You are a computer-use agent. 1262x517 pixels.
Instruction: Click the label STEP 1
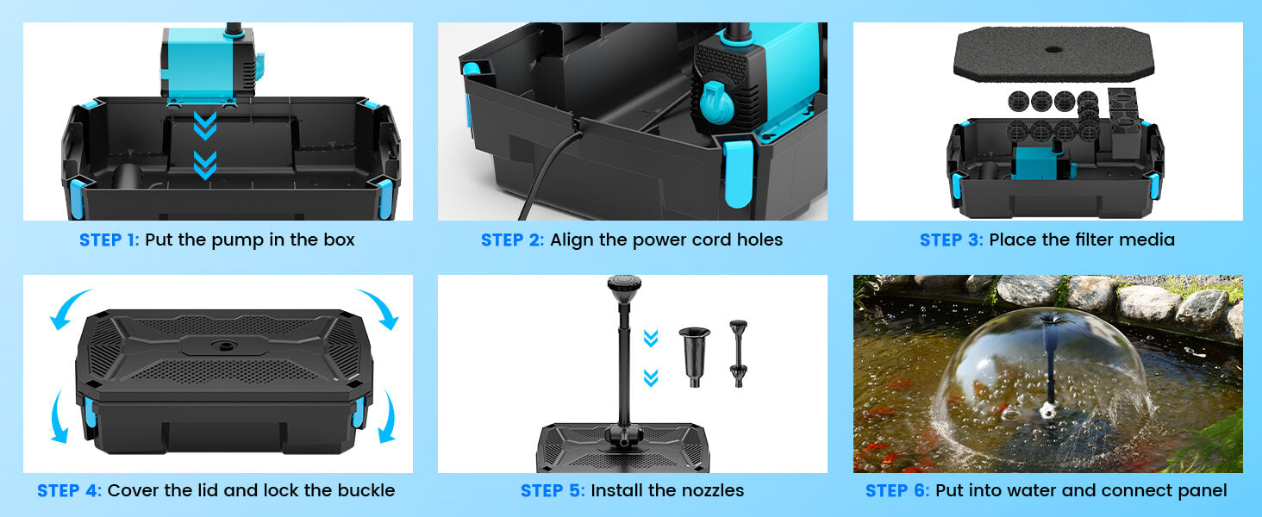109,240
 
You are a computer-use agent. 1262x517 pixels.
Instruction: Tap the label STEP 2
512,240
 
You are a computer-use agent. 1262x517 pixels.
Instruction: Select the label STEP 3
951,240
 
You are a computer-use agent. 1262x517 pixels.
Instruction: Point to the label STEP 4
69,490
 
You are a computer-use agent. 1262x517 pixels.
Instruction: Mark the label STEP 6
897,490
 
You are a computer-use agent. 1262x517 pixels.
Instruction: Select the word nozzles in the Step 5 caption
711,490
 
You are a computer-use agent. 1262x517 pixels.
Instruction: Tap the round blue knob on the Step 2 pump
715,102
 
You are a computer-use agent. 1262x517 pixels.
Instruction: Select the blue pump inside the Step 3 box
1038,163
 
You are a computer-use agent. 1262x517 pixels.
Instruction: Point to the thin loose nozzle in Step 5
737,353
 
